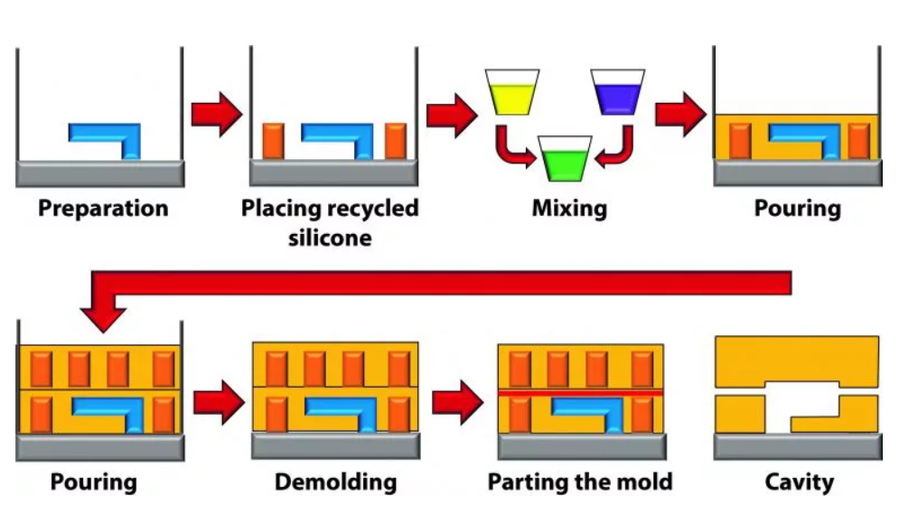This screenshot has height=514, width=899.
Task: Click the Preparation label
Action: coord(103,209)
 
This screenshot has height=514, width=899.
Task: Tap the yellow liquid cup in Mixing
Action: coord(511,92)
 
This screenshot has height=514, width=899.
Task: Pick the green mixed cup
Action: coord(565,160)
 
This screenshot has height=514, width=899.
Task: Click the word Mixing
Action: coord(569,209)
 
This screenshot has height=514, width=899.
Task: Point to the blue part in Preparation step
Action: coord(107,137)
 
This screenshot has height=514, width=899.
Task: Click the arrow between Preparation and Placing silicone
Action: coord(217,115)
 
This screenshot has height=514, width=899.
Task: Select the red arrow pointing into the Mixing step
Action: coord(451,115)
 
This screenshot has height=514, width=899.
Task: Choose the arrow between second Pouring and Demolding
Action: coord(218,402)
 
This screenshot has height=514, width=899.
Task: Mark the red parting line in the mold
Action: coord(580,394)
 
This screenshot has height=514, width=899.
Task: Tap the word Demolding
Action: coord(335,481)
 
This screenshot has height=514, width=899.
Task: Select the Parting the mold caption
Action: coord(580,481)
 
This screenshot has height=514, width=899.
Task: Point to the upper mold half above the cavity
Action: coord(796,358)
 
